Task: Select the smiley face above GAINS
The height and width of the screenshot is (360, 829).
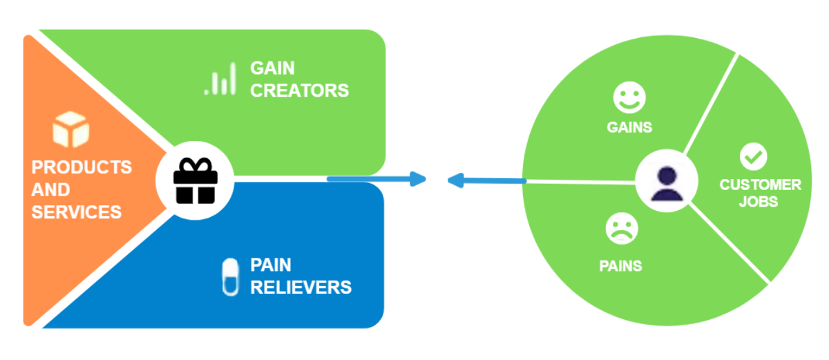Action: coord(629,98)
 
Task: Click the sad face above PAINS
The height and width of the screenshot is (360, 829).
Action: coord(622,229)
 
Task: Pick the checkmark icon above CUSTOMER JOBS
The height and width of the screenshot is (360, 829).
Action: coord(753,157)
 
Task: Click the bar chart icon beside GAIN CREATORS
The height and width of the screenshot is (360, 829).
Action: coord(220,82)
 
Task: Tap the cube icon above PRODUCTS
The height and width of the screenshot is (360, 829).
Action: coord(70,130)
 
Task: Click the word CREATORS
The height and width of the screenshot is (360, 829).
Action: coord(299,91)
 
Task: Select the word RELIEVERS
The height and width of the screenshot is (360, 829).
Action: coord(301,287)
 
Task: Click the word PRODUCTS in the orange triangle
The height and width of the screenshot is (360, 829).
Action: coord(82,167)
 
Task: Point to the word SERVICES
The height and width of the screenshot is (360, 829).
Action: coord(77,212)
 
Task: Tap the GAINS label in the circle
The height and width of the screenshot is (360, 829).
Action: coord(629,128)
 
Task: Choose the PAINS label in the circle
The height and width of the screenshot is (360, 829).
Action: coord(620,266)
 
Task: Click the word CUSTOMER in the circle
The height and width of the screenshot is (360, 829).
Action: coord(760,185)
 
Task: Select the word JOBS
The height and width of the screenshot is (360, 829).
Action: coord(758,202)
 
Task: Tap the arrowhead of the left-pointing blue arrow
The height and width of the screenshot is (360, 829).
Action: coord(455,180)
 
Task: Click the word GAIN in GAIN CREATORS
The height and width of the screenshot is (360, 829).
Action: coord(272,68)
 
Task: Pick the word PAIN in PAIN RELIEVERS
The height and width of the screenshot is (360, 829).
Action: coord(270,265)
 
